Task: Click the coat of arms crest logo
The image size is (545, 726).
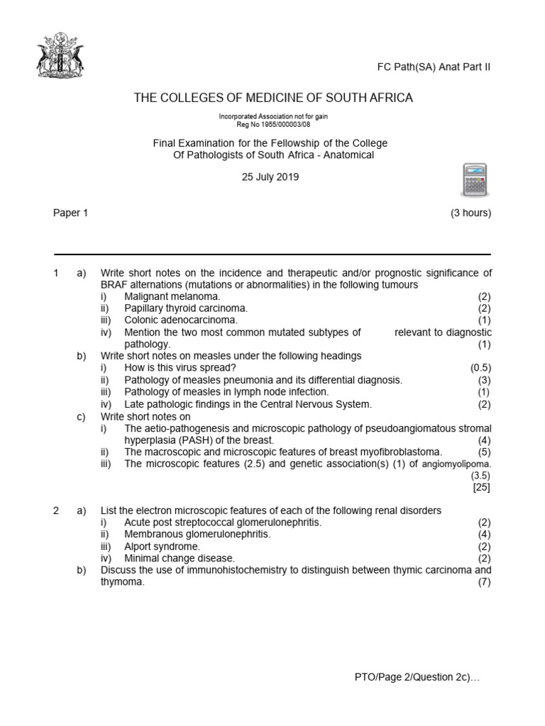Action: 60,55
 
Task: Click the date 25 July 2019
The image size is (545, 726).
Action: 270,177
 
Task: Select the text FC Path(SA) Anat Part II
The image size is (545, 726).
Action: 433,67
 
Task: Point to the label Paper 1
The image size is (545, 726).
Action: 70,213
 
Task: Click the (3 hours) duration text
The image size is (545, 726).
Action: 470,213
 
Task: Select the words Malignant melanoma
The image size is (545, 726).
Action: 172,296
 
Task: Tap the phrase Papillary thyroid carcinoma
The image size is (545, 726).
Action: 186,308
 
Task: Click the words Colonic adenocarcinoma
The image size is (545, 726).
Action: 180,320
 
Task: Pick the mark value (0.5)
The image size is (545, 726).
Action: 480,368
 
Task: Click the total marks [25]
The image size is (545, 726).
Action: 482,487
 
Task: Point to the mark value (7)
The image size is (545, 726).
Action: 485,582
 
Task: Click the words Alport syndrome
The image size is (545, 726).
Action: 162,547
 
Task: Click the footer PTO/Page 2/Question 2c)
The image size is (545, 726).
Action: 417,678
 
